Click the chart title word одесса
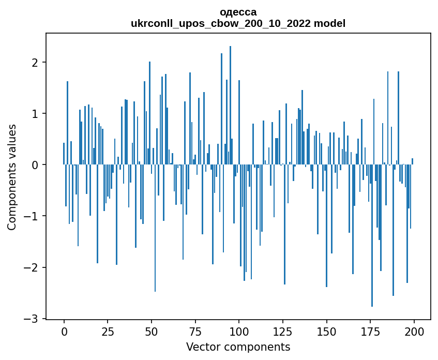point(238,12)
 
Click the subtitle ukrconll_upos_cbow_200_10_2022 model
point(238,23)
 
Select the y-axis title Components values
point(12,177)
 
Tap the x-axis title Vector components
point(238,347)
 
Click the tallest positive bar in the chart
point(230,103)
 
